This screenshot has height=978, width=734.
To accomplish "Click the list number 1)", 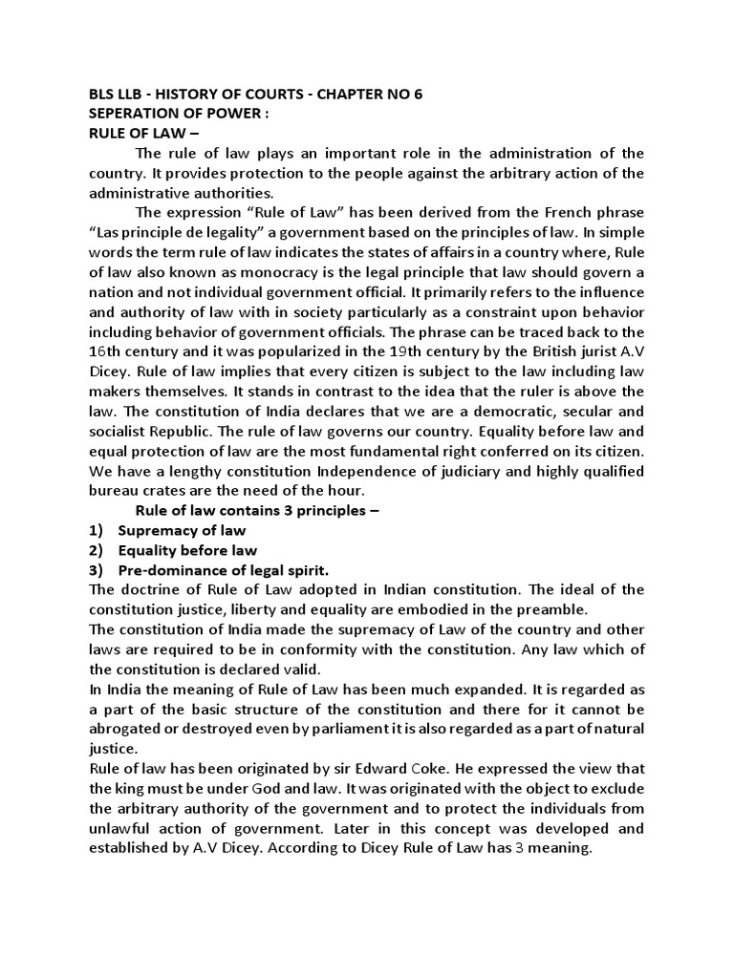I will click(x=95, y=530).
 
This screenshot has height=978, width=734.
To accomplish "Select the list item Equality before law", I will click(x=187, y=550).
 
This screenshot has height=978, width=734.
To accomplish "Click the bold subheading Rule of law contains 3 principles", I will click(x=257, y=510).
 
